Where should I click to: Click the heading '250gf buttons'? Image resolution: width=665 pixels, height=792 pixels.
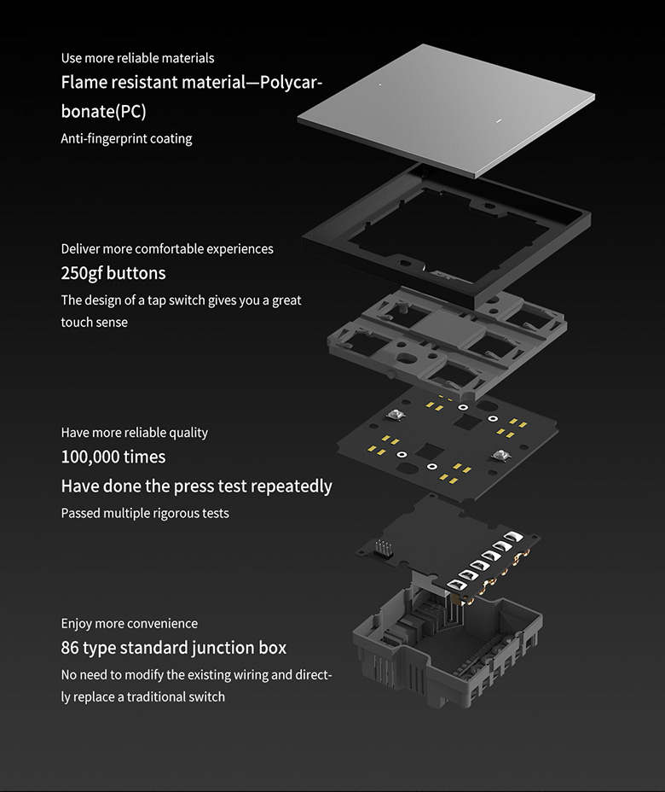click(x=113, y=274)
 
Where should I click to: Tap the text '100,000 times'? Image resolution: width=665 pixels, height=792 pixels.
click(x=113, y=457)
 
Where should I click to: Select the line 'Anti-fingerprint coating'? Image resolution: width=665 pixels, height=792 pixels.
click(x=126, y=139)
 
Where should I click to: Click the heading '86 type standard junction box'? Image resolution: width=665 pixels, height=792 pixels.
click(x=174, y=648)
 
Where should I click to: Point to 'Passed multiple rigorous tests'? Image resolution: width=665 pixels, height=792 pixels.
click(x=145, y=514)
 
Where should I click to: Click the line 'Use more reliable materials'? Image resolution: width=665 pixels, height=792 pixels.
click(x=137, y=58)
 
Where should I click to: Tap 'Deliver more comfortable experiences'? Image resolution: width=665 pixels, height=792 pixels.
click(x=167, y=249)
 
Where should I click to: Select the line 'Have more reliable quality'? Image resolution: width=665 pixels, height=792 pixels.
click(x=135, y=433)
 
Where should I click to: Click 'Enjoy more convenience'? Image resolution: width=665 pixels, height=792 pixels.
click(x=130, y=624)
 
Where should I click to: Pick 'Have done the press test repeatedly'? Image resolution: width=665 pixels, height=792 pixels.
click(x=196, y=486)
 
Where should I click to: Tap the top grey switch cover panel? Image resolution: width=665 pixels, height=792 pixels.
click(x=443, y=107)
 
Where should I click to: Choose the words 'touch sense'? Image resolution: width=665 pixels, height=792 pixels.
click(x=94, y=323)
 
